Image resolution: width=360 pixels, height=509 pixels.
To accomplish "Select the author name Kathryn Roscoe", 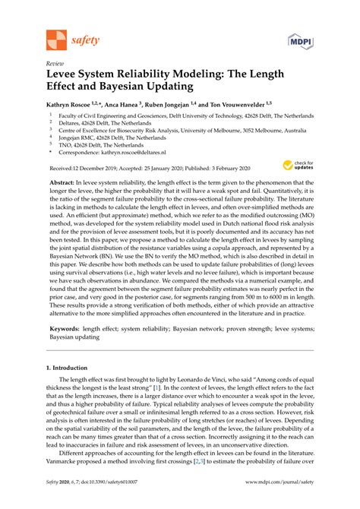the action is pos(73,105).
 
